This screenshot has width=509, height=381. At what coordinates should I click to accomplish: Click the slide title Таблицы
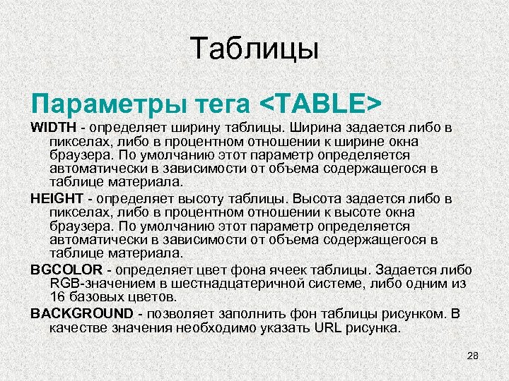pyautogui.click(x=255, y=49)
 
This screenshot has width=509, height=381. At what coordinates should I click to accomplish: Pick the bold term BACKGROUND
pyautogui.click(x=81, y=313)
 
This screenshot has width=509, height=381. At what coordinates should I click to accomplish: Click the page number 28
pyautogui.click(x=473, y=356)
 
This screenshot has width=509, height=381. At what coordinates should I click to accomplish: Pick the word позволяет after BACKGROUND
pyautogui.click(x=177, y=313)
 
